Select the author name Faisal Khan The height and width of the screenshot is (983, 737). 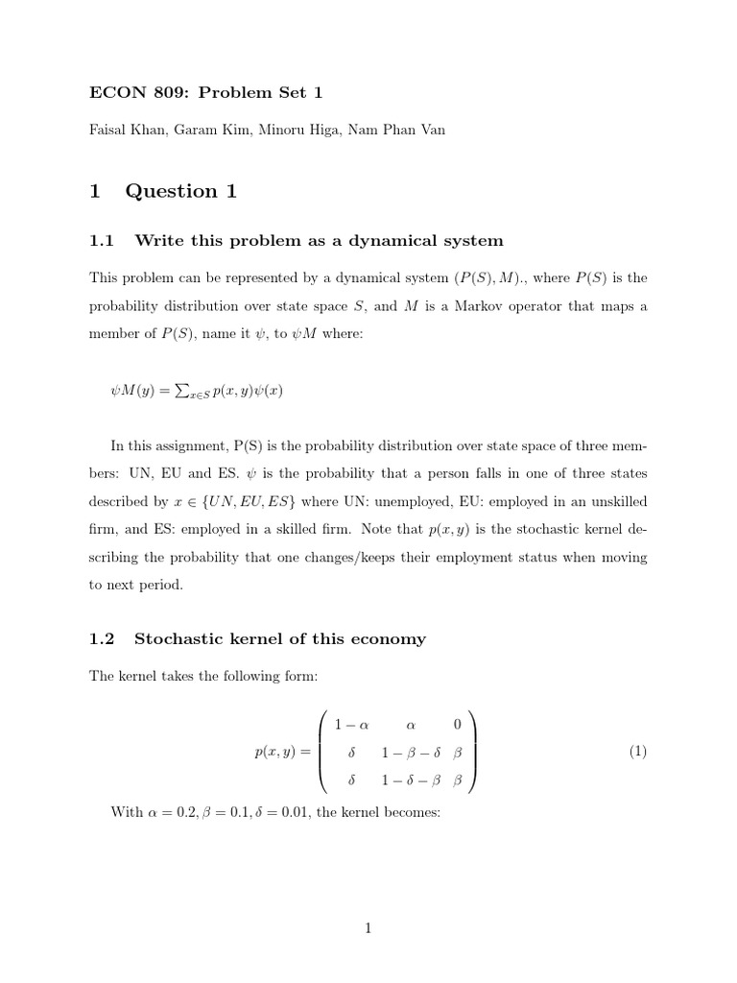(x=123, y=131)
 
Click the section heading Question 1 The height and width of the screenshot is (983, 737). (x=180, y=191)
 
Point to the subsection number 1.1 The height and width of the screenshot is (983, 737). (x=102, y=240)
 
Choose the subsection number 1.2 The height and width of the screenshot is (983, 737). (x=102, y=638)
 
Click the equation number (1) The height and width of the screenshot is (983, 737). (x=638, y=752)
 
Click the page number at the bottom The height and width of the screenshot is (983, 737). (x=368, y=927)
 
